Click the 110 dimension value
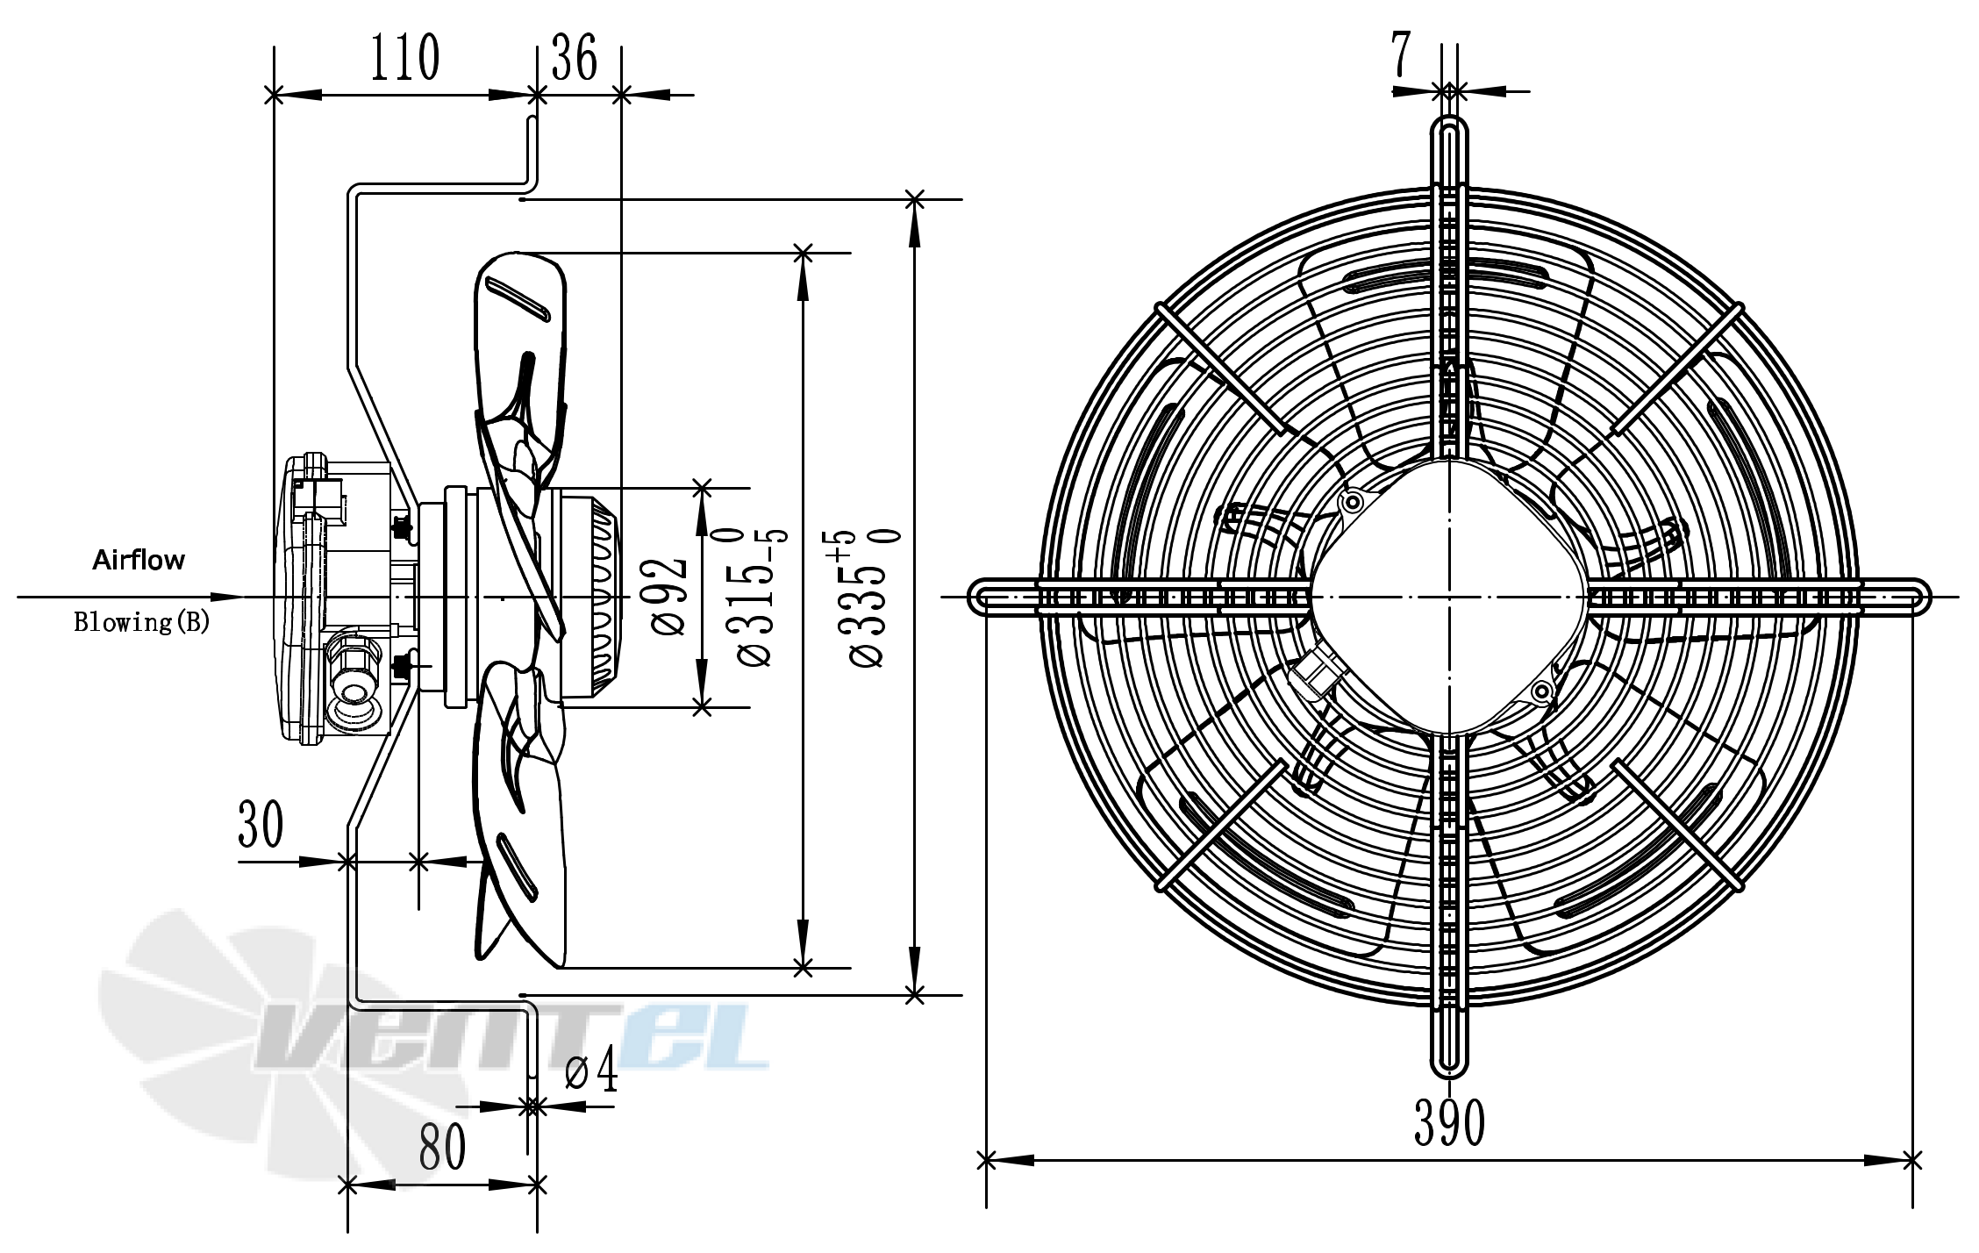(x=404, y=58)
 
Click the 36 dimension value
(x=575, y=58)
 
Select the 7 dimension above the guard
(x=1401, y=54)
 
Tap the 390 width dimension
(x=1449, y=1122)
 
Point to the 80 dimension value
(x=442, y=1147)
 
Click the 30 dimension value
(x=261, y=825)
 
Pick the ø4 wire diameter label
(x=591, y=1070)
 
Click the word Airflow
(x=139, y=560)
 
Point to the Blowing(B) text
(x=141, y=622)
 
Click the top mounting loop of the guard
(x=1449, y=154)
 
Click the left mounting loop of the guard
(x=1004, y=597)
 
